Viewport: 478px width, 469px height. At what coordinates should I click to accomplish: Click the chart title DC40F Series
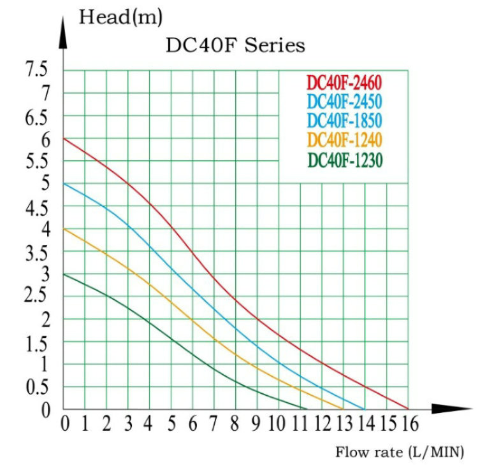[235, 46]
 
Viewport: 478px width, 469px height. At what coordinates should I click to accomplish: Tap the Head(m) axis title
[120, 17]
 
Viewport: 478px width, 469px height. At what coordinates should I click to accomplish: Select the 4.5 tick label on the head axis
[36, 207]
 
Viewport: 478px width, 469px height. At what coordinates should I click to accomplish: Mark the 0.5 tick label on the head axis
[36, 388]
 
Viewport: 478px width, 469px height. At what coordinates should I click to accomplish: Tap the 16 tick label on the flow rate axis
[408, 423]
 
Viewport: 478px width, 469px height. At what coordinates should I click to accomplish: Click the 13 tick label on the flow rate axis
[344, 423]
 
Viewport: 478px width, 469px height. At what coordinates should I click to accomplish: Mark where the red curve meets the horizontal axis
[408, 409]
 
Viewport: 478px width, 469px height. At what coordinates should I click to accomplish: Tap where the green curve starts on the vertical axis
[64, 274]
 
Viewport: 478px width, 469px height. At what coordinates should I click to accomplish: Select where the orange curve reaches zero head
[343, 409]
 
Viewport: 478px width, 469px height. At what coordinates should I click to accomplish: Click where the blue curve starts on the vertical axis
[64, 183]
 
